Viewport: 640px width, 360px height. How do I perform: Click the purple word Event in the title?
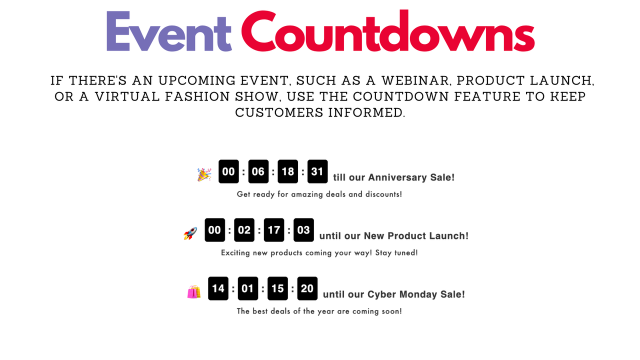click(x=169, y=32)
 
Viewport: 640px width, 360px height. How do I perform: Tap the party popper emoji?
click(x=204, y=174)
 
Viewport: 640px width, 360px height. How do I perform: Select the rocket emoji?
click(x=190, y=233)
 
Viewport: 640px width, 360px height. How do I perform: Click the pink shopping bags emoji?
click(x=194, y=291)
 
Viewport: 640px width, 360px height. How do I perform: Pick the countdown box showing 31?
click(x=317, y=171)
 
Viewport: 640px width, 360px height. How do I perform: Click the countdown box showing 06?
click(x=258, y=171)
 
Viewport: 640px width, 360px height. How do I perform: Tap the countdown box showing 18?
click(x=288, y=171)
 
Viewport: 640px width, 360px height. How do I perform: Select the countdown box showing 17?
click(x=274, y=230)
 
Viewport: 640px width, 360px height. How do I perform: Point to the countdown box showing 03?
click(x=303, y=230)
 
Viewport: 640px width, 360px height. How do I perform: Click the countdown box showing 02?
click(x=244, y=230)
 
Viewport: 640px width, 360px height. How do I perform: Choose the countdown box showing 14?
click(x=218, y=288)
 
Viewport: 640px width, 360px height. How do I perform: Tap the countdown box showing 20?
click(x=307, y=288)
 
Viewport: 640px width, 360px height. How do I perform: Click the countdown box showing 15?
click(x=277, y=288)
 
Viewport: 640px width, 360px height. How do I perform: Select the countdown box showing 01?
click(x=248, y=288)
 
